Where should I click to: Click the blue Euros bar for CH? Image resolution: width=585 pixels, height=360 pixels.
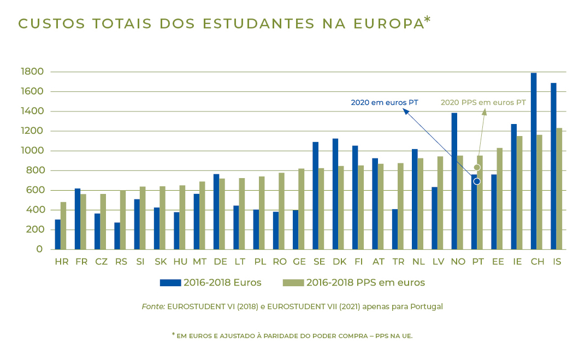534,161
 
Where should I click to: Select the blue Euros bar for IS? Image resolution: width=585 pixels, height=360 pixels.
553,166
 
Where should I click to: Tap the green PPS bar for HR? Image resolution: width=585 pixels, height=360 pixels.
63,226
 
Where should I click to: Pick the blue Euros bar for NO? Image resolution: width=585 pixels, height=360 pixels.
454,181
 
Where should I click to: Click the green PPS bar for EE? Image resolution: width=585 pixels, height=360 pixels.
499,198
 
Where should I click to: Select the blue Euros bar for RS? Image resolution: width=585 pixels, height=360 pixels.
117,236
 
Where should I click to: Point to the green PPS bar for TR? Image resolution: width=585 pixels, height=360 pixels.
400,206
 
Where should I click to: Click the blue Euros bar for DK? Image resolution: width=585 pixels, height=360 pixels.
335,194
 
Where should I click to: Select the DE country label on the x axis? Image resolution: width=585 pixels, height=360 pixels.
220,262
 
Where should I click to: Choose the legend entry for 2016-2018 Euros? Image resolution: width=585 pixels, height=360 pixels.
210,282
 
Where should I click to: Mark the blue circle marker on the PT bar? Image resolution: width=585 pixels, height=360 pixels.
476,181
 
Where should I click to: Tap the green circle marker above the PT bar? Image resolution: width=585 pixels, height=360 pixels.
477,168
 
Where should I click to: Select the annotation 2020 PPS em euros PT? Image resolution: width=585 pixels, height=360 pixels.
483,103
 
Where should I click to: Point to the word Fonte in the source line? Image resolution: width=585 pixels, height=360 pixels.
153,307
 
